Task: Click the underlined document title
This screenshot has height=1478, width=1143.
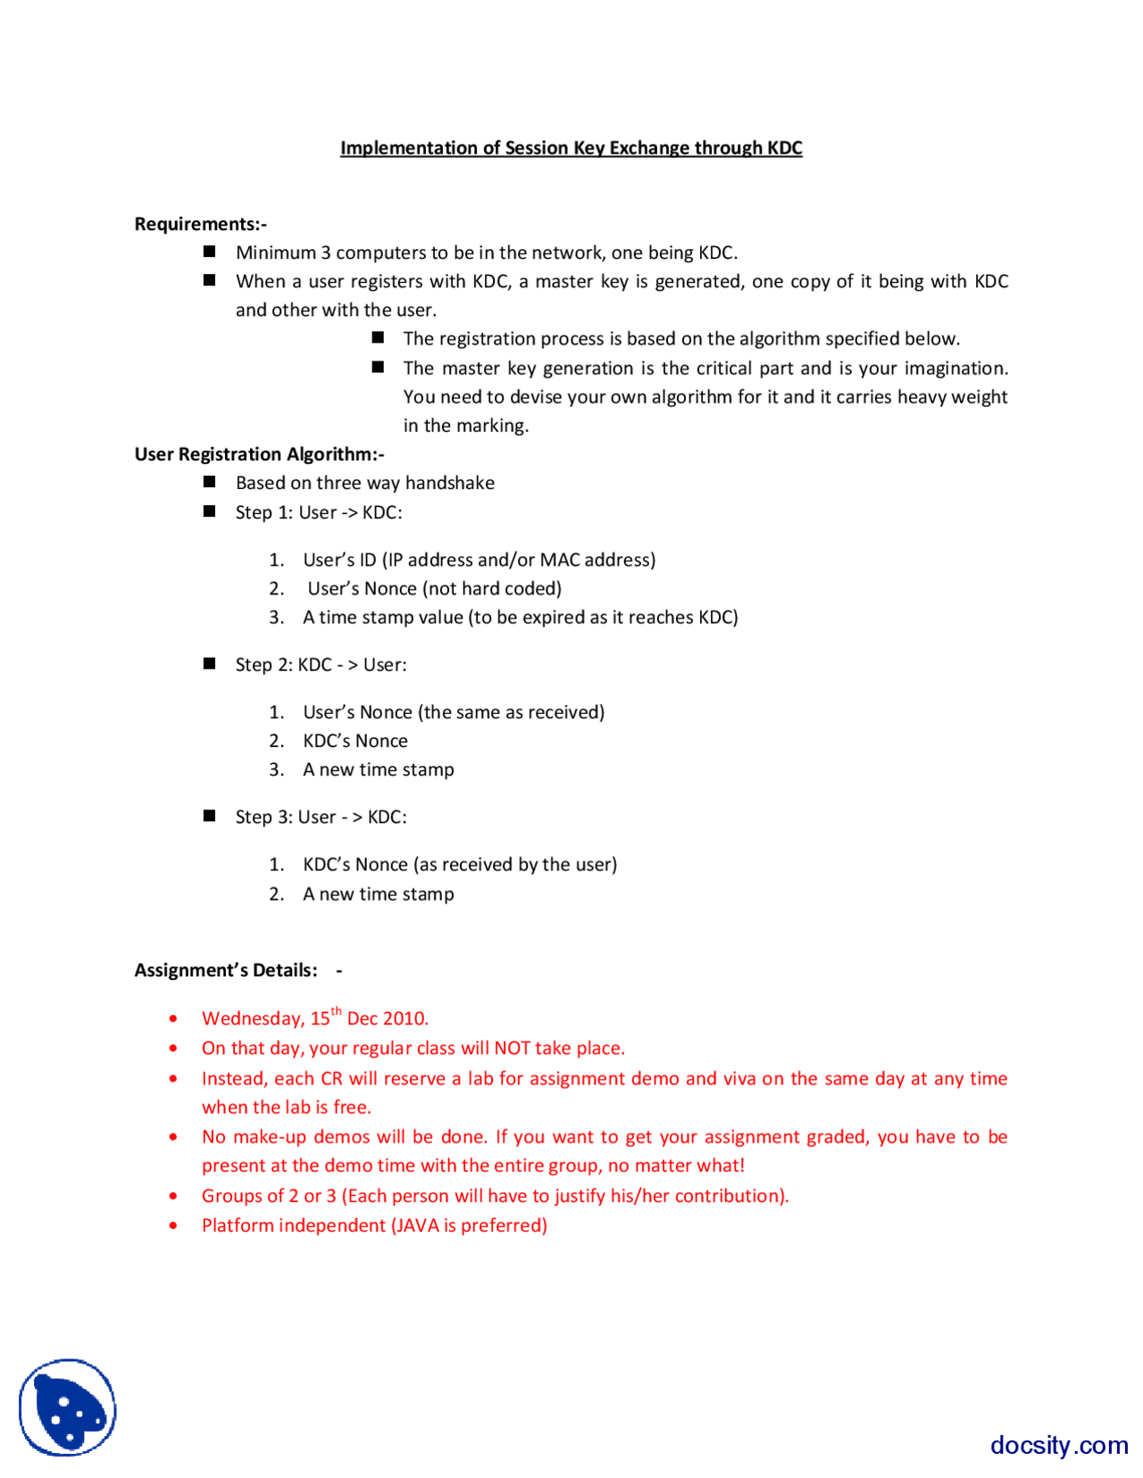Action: [571, 148]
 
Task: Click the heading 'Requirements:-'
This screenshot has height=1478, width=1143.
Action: [200, 224]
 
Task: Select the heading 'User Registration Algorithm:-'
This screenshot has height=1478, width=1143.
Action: [259, 454]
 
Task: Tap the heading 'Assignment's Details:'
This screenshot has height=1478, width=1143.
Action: [226, 970]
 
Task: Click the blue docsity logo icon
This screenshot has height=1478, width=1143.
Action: [68, 1407]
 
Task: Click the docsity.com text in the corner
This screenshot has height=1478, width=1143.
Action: [1058, 1444]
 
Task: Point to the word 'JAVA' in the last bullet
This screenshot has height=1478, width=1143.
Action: [417, 1225]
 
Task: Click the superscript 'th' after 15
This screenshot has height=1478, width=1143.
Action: [337, 1011]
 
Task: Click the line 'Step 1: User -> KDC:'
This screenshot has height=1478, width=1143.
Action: [319, 512]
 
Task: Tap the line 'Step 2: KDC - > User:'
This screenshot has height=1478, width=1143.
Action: [321, 665]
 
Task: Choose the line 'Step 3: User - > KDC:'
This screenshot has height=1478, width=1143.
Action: [321, 818]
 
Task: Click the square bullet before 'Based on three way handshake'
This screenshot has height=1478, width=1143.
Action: [210, 482]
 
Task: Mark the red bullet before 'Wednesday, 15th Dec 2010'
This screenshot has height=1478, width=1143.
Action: [173, 1018]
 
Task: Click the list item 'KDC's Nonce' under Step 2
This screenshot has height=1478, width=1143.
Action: [355, 741]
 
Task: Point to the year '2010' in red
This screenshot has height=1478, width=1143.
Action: [405, 1018]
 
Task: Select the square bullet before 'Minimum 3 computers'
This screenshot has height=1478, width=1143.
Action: [210, 252]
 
